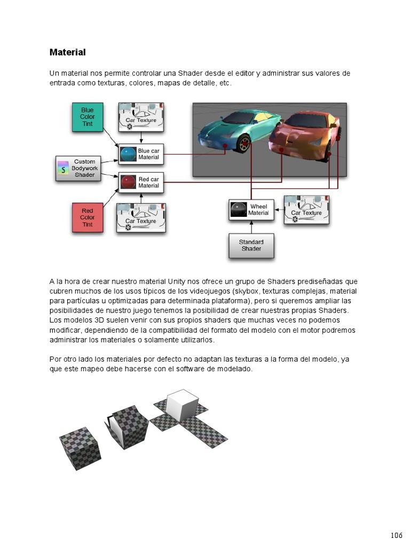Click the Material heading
67,52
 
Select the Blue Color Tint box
87,117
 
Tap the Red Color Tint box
87,217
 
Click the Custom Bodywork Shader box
78,168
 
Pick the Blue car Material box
141,154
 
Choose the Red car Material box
141,183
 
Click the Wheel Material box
251,209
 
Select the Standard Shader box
251,245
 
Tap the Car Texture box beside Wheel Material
306,209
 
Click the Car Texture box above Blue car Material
141,117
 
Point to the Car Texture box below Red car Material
141,217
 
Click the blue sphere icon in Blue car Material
128,154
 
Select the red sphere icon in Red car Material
128,183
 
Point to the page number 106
396,535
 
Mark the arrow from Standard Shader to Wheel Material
251,226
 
